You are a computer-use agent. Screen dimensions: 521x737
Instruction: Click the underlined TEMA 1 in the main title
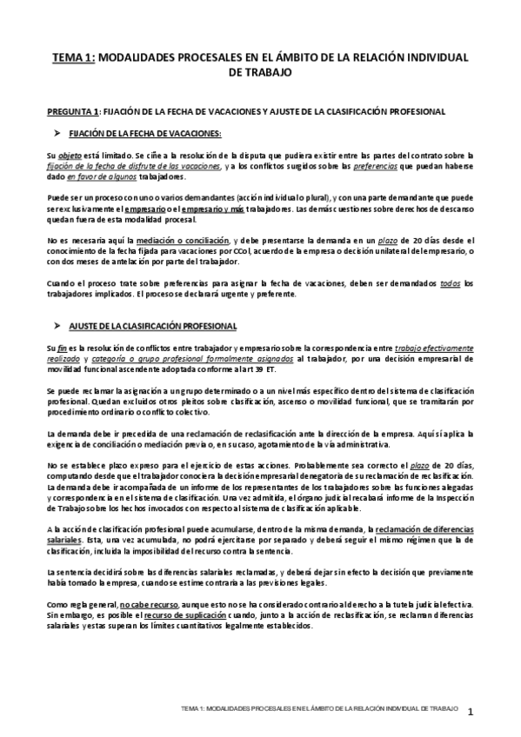[x=74, y=56]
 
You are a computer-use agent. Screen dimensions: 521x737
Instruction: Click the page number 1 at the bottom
[x=469, y=712]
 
